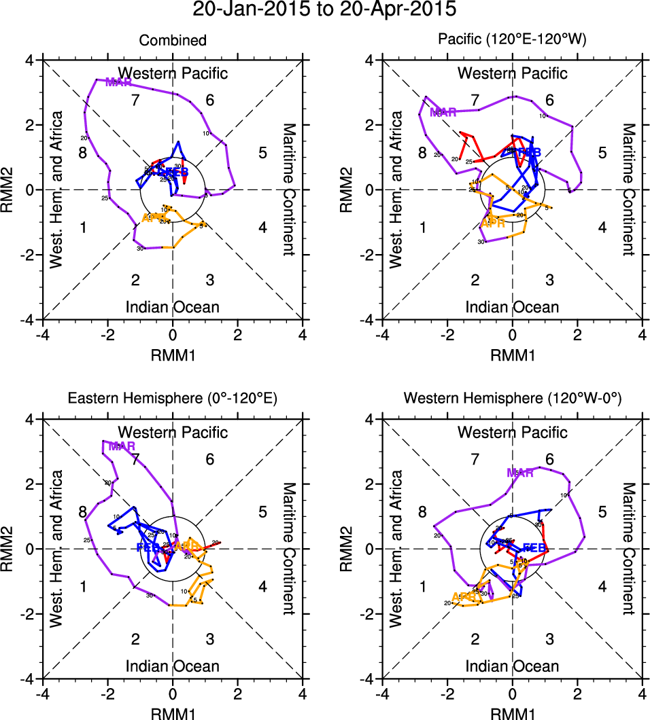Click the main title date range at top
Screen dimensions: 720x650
324,10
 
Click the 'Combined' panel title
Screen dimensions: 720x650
173,41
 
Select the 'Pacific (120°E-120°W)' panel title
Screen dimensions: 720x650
513,41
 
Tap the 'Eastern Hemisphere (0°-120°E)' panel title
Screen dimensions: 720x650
173,400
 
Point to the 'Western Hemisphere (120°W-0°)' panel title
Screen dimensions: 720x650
513,400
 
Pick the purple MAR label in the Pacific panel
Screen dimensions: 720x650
443,112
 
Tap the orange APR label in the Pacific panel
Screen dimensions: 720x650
492,223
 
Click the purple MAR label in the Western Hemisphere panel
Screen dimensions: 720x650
520,473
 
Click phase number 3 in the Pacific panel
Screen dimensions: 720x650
549,280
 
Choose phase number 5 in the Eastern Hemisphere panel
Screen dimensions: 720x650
262,512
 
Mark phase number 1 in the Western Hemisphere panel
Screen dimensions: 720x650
422,586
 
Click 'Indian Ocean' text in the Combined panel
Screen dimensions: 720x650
173,307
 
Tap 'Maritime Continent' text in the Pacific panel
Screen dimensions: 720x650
628,190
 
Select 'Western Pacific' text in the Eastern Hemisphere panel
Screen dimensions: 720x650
173,432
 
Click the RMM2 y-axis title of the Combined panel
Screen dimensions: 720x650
11,190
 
